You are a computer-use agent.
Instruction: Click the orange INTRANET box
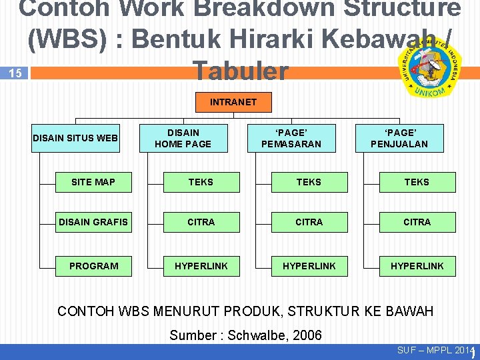coord(233,102)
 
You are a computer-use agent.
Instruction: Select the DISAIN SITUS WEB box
coord(75,138)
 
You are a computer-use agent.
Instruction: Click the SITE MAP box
coord(93,182)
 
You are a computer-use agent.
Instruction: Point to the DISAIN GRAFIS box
coord(93,222)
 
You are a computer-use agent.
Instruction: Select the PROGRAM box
coord(93,266)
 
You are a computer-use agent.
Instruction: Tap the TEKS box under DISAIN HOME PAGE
coord(201,182)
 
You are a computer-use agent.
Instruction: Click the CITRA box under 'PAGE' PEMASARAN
coord(309,222)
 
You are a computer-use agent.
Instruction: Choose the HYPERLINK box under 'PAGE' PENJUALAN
coord(417,266)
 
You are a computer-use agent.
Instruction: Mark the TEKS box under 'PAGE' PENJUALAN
coord(417,182)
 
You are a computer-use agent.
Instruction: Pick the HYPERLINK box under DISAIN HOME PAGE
coord(201,266)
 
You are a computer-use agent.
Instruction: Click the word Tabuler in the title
coord(239,71)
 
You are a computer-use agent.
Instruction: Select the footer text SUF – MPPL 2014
coord(436,351)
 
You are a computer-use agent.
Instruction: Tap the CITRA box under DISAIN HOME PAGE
coord(201,222)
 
